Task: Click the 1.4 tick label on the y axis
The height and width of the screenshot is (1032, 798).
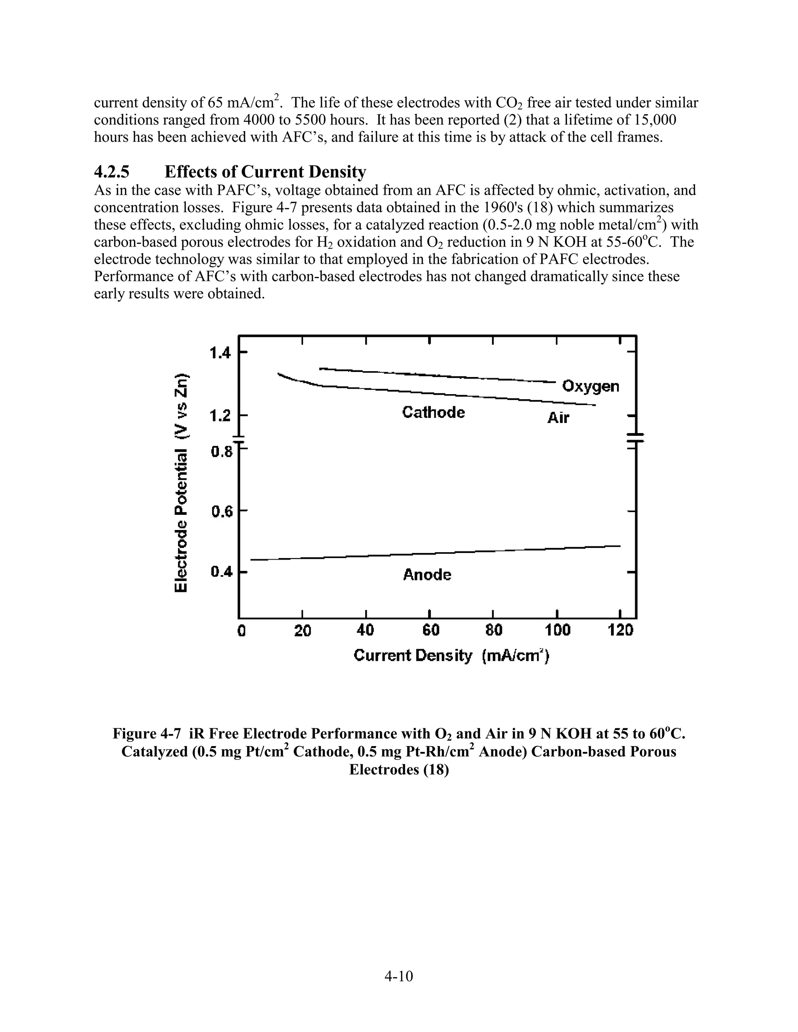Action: (220, 353)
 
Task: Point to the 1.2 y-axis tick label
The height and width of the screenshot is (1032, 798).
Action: (220, 416)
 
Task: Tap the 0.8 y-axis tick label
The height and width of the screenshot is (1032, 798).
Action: (221, 452)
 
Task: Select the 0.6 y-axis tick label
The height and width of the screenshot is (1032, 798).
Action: (221, 511)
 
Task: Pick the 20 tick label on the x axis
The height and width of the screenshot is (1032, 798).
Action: (302, 630)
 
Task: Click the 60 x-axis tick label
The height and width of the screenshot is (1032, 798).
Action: (430, 630)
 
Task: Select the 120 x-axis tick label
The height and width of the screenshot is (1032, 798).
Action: (621, 630)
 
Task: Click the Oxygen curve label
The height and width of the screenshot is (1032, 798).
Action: (590, 387)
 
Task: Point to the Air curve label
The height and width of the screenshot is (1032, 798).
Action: (558, 418)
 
